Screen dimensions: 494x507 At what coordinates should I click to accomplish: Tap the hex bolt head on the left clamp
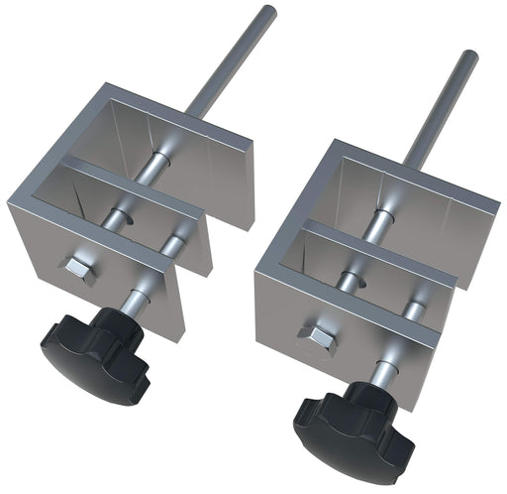pyautogui.click(x=76, y=268)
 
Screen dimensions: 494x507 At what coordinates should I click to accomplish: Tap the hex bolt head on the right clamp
pyautogui.click(x=318, y=338)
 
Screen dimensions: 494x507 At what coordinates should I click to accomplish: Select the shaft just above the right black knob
pyautogui.click(x=380, y=374)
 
